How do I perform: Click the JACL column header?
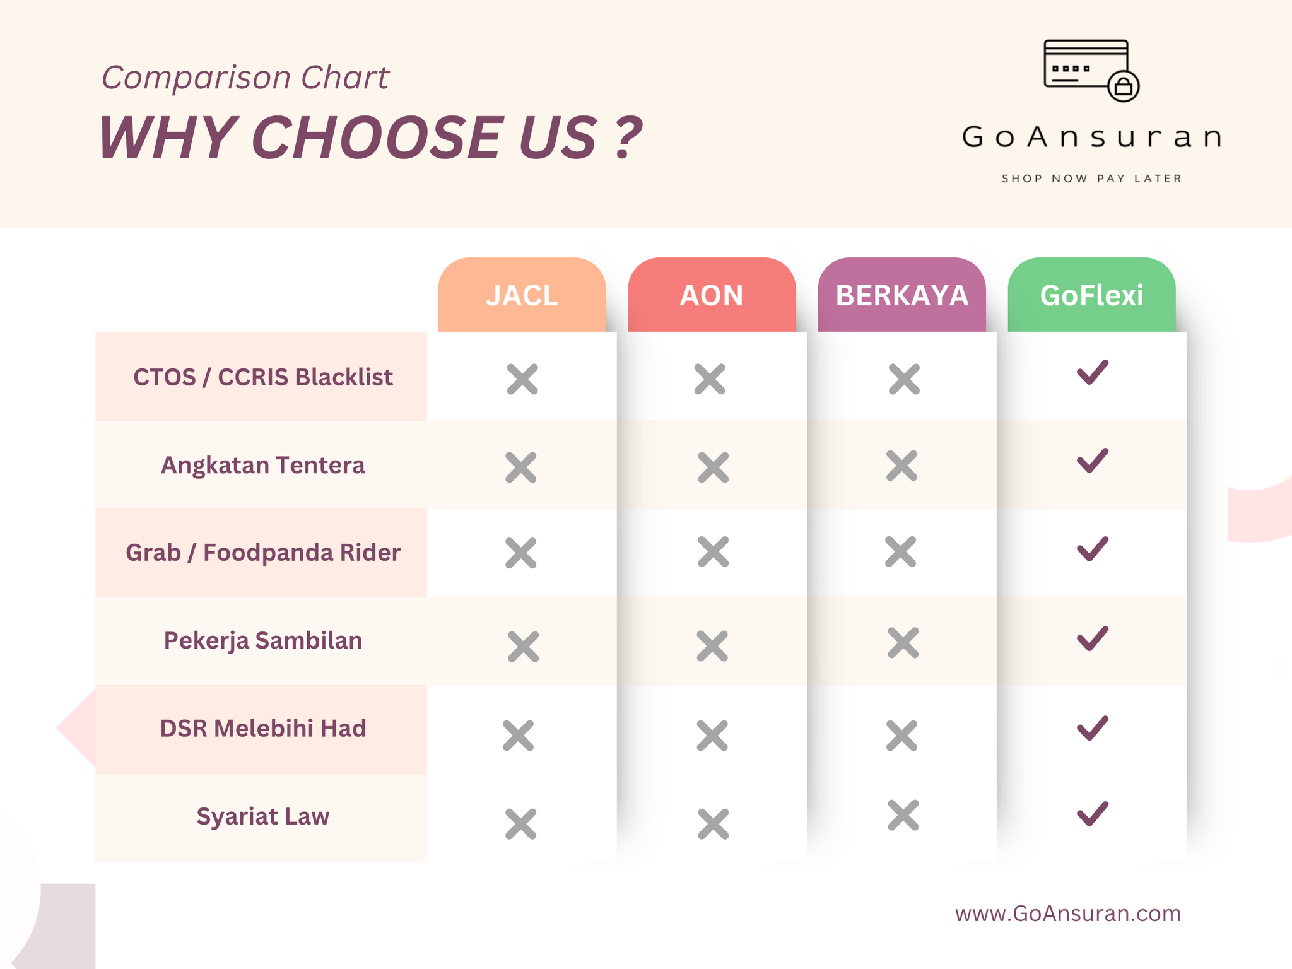522,295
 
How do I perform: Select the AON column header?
712,295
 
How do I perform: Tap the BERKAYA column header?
901,295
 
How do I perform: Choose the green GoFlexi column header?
1091,295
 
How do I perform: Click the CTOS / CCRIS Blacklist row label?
262,377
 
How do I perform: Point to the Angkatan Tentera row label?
262,465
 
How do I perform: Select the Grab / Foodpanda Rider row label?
262,553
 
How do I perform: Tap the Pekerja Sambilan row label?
262,640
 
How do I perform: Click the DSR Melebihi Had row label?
262,728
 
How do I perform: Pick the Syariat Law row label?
262,816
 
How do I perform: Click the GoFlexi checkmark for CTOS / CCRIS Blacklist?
1093,372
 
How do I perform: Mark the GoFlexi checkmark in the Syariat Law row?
1093,814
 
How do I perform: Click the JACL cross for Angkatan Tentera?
521,467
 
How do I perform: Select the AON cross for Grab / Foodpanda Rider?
714,552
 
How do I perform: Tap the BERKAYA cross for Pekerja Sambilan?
903,643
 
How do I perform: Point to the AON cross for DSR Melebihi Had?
712,736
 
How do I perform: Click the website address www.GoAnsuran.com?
1067,913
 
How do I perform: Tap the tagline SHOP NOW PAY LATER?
1091,179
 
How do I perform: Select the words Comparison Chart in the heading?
245,78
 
